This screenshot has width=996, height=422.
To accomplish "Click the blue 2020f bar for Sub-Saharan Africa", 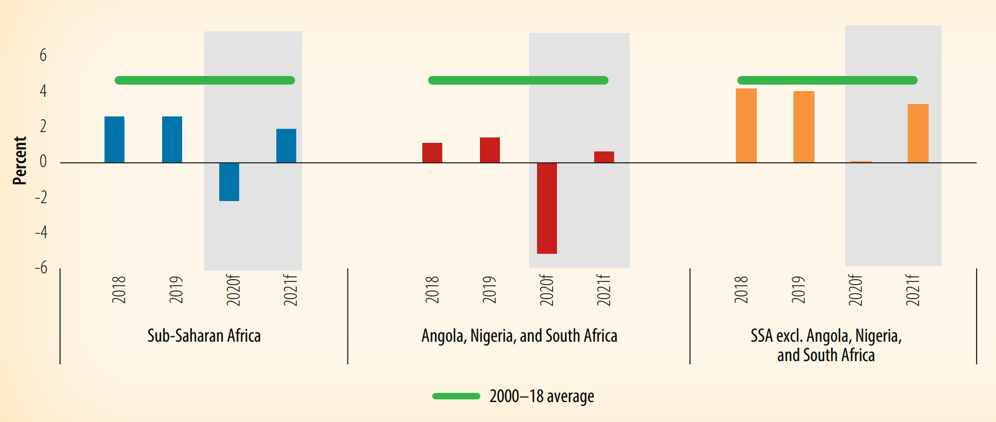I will (x=229, y=182).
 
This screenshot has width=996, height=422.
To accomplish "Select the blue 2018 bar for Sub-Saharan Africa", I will (x=114, y=140).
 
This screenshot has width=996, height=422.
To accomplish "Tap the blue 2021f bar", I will (x=286, y=146).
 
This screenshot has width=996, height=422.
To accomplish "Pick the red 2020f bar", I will (x=547, y=208).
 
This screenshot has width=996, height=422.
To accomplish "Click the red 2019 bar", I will (x=490, y=150).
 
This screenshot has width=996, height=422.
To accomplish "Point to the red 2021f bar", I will (x=604, y=157).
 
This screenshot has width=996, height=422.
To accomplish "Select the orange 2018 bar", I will (x=746, y=126).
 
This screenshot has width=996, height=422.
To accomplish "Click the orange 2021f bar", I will (x=918, y=133).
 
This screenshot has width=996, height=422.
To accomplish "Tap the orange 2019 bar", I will (x=804, y=127).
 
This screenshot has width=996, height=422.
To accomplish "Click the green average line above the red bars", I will (x=518, y=80).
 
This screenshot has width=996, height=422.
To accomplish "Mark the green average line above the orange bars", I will (x=827, y=80).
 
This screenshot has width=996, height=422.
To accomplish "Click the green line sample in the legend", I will (x=456, y=396).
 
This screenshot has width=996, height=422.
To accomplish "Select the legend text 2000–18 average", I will (x=541, y=397).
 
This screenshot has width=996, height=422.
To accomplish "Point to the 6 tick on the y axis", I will (x=43, y=56).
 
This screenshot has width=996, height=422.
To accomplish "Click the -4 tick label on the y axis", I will (x=41, y=232).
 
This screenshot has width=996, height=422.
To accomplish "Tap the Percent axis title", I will (x=20, y=161).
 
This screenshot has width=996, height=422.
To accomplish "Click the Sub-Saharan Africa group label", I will (x=204, y=336).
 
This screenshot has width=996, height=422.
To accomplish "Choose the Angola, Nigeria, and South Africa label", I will (x=519, y=336).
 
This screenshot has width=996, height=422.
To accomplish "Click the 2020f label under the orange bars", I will (x=855, y=290).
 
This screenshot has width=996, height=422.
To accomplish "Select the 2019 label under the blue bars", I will (x=176, y=290).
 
